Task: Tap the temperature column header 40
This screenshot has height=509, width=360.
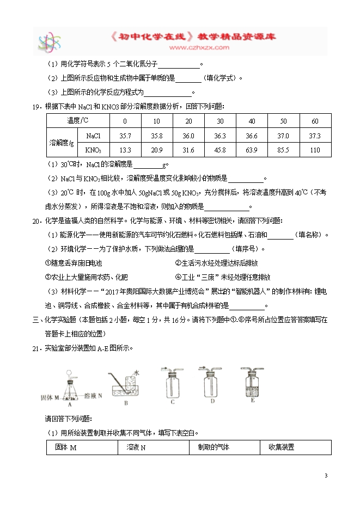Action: [252, 121]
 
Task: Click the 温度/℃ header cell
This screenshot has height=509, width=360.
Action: [77, 121]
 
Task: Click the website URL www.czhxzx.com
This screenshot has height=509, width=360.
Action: [198, 48]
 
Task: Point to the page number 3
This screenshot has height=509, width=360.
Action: [326, 476]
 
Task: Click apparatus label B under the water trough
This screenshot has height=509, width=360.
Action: [126, 403]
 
